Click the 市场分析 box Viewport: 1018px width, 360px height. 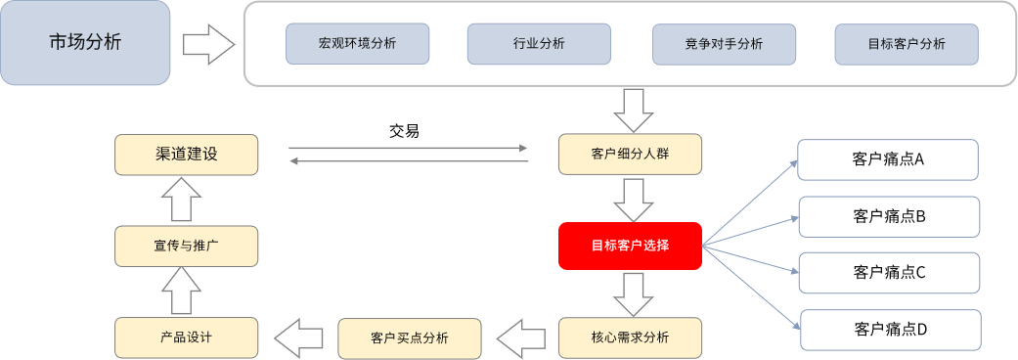[85, 42]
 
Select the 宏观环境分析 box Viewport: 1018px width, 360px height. [357, 44]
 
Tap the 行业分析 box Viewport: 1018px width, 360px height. [539, 44]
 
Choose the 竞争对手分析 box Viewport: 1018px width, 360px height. [724, 44]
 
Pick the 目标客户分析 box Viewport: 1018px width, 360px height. [907, 44]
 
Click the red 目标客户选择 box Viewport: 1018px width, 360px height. [631, 246]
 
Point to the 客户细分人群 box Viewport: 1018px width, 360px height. [631, 155]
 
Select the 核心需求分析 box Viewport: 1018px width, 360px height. [631, 337]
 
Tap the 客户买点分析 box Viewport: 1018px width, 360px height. [410, 337]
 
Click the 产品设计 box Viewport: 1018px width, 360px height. [186, 337]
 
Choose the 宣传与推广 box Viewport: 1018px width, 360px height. [186, 246]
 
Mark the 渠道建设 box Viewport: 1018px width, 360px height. [186, 155]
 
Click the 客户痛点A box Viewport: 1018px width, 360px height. [888, 159]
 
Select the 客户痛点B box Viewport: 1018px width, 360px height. [889, 216]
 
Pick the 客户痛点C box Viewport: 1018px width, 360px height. [889, 272]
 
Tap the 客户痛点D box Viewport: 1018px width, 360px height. [890, 329]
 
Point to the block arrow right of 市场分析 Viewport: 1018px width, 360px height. [208, 44]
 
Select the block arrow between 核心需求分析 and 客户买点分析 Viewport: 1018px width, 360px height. [520, 338]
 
